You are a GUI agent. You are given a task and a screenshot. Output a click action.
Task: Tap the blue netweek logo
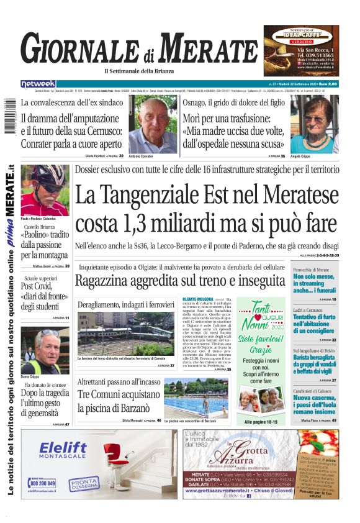pos(38,83)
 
